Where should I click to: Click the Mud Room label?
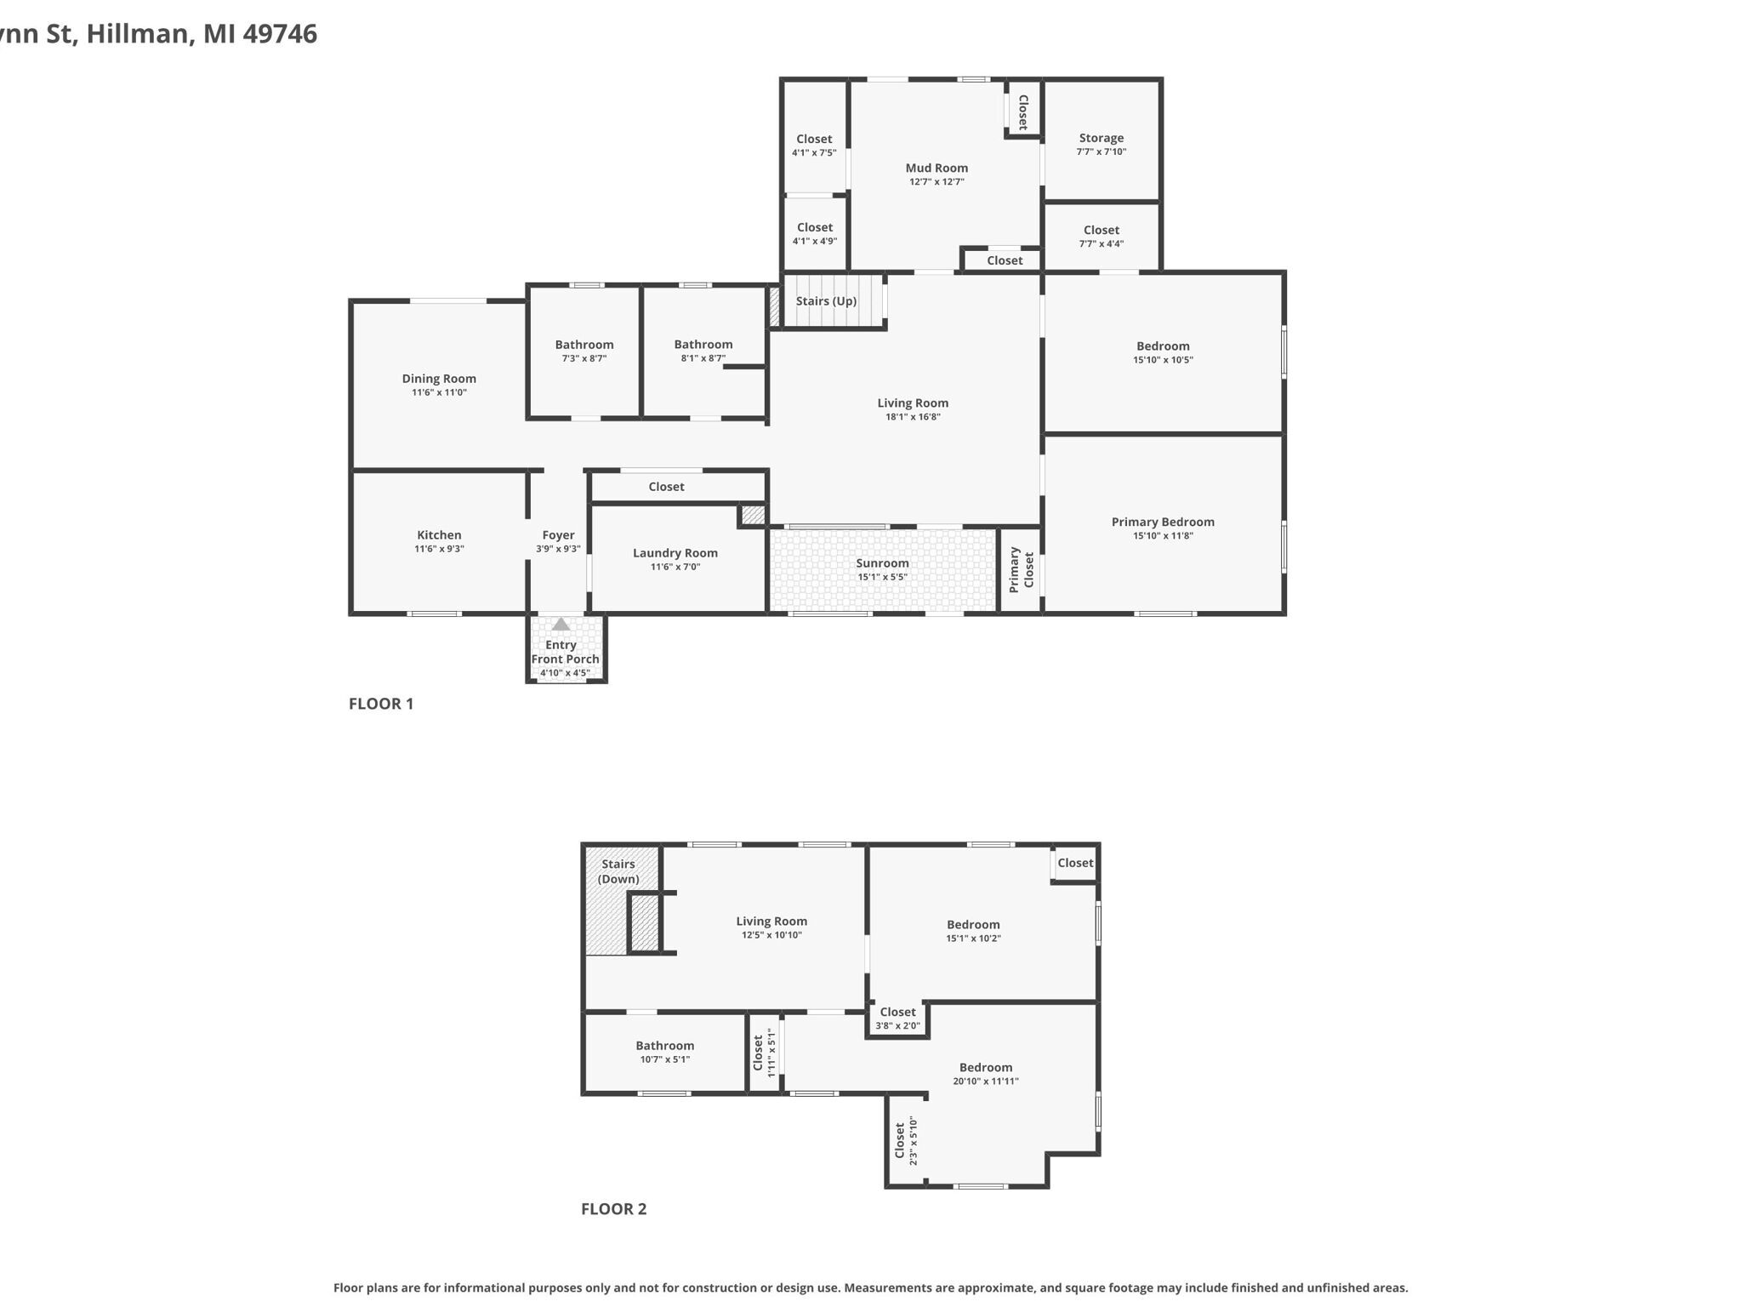[x=936, y=168]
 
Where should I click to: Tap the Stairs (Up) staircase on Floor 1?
[x=833, y=300]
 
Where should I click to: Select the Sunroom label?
[x=882, y=563]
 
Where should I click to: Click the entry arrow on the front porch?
[x=561, y=624]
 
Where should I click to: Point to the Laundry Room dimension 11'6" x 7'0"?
[x=675, y=567]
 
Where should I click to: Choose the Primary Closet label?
[x=1021, y=570]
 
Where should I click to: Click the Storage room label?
[x=1102, y=138]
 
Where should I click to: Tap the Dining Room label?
[x=439, y=379]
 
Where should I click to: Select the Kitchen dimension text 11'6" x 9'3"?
[x=439, y=549]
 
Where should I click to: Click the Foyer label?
[x=558, y=535]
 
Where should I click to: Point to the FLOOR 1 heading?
[x=381, y=704]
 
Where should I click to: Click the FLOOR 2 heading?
[x=613, y=1209]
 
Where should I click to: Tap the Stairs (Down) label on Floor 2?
[x=618, y=871]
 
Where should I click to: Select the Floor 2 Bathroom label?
[x=665, y=1046]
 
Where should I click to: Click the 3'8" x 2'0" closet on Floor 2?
[x=898, y=1018]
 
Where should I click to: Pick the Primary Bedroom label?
[x=1163, y=522]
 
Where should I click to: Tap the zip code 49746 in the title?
[x=280, y=34]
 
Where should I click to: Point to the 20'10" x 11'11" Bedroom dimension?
[x=986, y=1082]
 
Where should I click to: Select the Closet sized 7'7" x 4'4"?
[x=1102, y=236]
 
